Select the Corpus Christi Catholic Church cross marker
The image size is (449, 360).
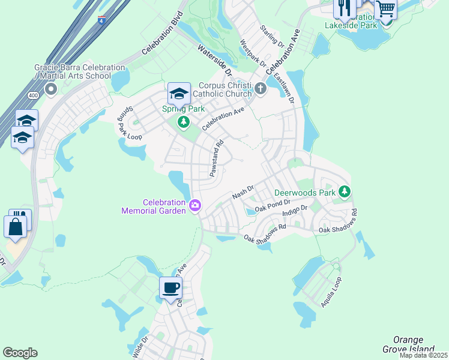pyautogui.click(x=260, y=89)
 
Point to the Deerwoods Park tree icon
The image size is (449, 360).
pyautogui.click(x=345, y=192)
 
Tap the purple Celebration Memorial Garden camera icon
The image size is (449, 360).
pyautogui.click(x=194, y=206)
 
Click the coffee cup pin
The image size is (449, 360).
pyautogui.click(x=171, y=287)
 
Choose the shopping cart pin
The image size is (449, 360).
pyautogui.click(x=386, y=9)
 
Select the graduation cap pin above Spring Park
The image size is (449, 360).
pyautogui.click(x=179, y=94)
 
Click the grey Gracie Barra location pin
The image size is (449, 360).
pyautogui.click(x=50, y=90)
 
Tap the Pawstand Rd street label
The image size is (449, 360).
pyautogui.click(x=216, y=158)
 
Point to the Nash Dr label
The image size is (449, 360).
pyautogui.click(x=244, y=193)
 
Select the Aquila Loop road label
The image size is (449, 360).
pyautogui.click(x=331, y=292)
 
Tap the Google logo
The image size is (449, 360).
pyautogui.click(x=20, y=353)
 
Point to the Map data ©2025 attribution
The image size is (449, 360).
pyautogui.click(x=424, y=355)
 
